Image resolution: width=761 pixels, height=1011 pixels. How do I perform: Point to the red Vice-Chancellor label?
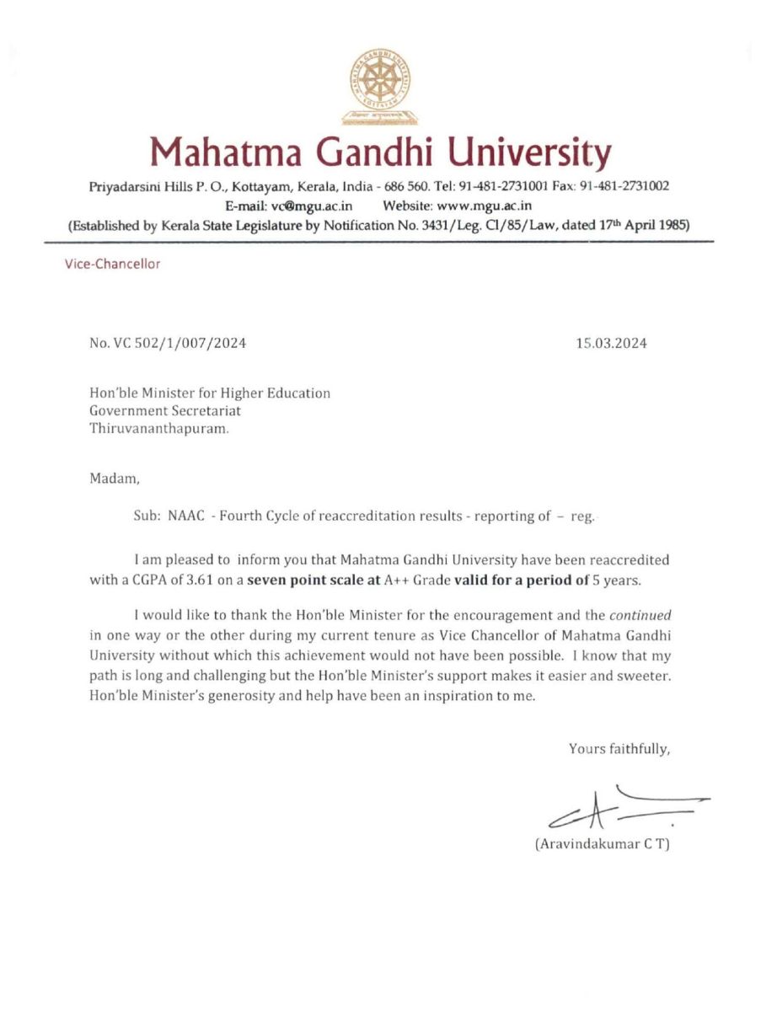112,264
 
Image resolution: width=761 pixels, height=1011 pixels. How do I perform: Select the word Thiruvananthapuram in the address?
158,428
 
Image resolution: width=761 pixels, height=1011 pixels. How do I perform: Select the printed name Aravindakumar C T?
603,844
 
